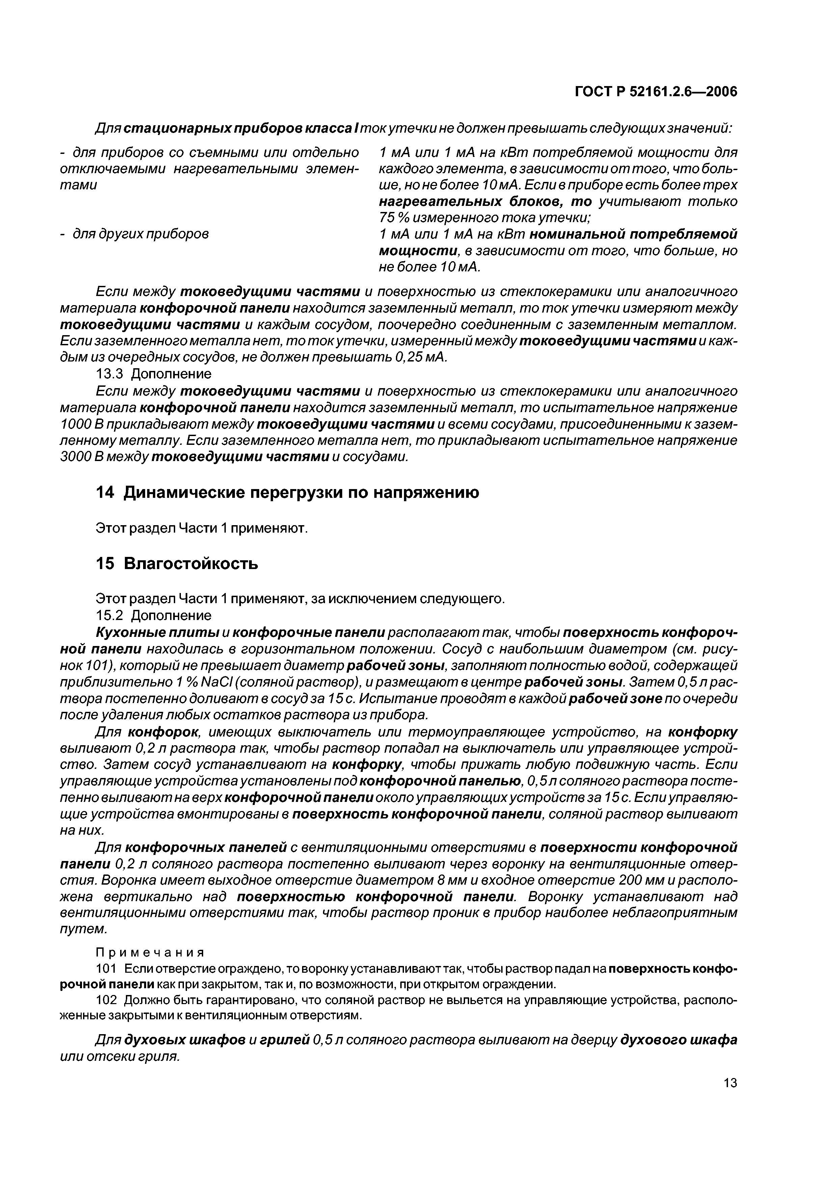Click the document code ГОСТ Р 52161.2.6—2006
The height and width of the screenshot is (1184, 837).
tap(655, 92)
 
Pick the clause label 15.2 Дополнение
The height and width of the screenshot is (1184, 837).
tap(154, 616)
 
